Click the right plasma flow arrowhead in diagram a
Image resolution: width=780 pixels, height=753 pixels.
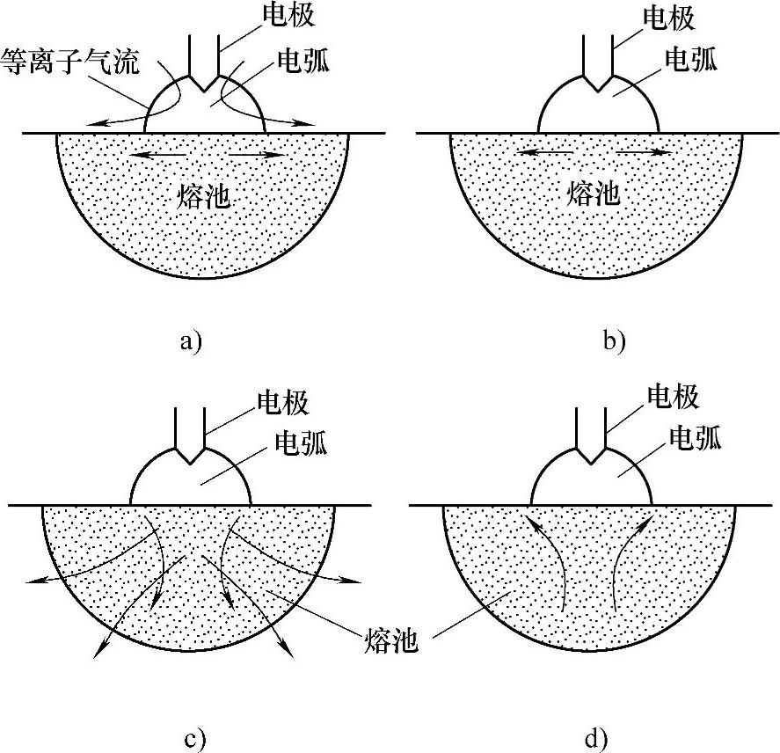[308, 124]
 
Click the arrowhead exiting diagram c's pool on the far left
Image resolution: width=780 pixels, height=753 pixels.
[31, 581]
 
